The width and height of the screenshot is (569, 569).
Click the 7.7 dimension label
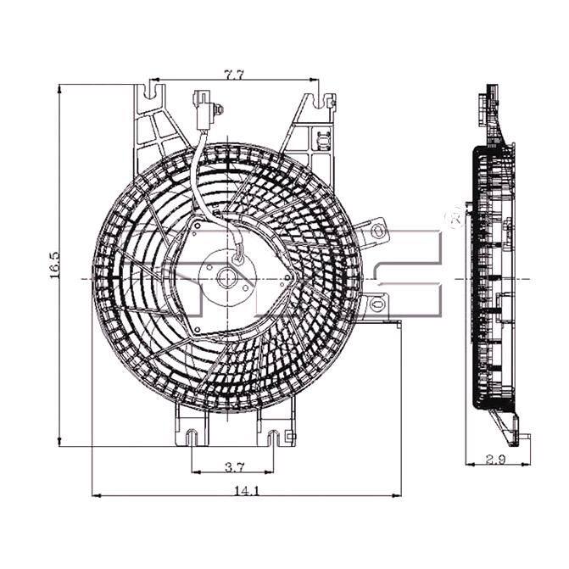pyautogui.click(x=234, y=75)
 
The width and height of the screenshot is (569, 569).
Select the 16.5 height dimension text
pyautogui.click(x=54, y=265)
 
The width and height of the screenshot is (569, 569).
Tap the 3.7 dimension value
pyautogui.click(x=235, y=467)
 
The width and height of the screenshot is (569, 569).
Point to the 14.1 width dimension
pyautogui.click(x=247, y=491)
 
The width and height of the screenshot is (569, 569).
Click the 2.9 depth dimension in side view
pyautogui.click(x=495, y=460)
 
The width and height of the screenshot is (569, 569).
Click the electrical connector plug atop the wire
pyautogui.click(x=204, y=110)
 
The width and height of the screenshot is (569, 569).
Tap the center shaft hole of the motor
pyautogui.click(x=227, y=278)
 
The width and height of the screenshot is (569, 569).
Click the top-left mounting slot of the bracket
pyautogui.click(x=152, y=92)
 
